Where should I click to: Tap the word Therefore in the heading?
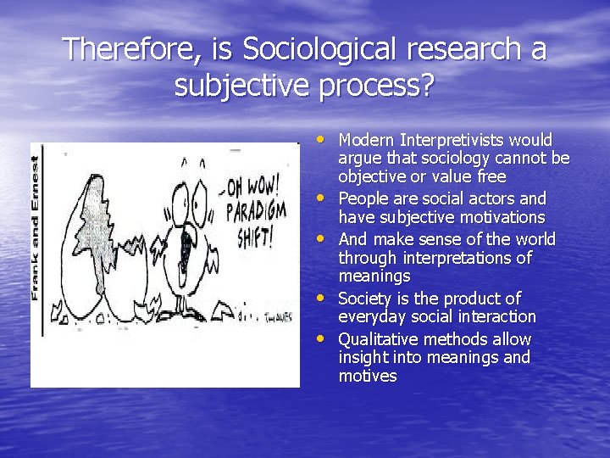pos(125,49)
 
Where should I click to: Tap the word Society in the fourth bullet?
pos(366,299)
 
